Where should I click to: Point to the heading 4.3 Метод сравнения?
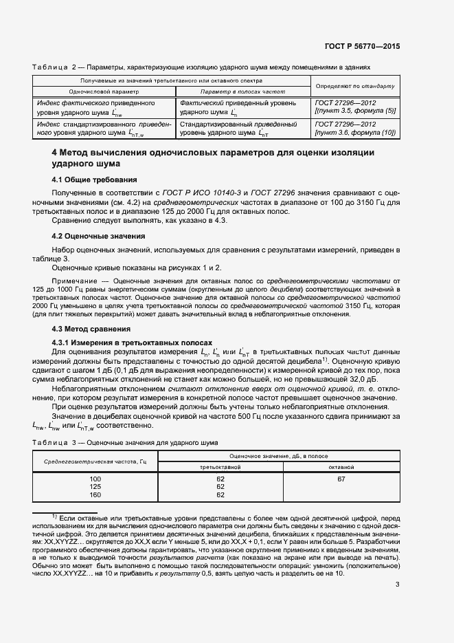tap(88, 329)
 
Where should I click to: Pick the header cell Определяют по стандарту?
tap(355, 86)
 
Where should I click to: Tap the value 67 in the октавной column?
tap(341, 478)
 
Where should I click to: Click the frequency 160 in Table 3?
tap(95, 494)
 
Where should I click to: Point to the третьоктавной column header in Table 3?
tap(220, 466)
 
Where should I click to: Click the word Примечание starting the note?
tap(74, 281)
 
